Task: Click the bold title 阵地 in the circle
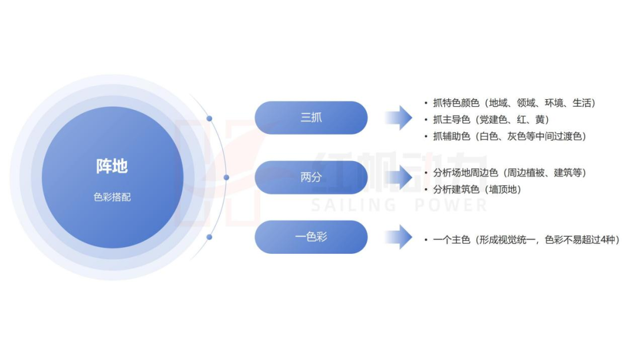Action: tap(112, 166)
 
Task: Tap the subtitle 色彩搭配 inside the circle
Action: tap(112, 197)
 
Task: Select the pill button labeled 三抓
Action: tap(311, 117)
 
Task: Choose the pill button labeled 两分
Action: tap(311, 177)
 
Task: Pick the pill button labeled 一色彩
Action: tap(311, 237)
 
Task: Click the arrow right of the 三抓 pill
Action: tap(399, 118)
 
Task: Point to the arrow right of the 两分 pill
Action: tap(399, 178)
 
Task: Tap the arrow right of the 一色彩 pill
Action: tap(399, 237)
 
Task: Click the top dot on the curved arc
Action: tap(209, 119)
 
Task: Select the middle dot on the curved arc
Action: tap(226, 178)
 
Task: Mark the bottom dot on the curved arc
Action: tap(209, 237)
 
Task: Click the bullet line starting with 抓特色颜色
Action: tap(510, 103)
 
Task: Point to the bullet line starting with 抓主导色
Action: tap(487, 119)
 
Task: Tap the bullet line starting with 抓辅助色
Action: tap(505, 136)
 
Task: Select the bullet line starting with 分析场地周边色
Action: tap(505, 173)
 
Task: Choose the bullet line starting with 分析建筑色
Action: tap(473, 189)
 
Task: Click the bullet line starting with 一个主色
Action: tap(522, 240)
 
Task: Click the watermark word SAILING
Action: tap(353, 205)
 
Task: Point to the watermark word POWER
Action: tap(451, 205)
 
